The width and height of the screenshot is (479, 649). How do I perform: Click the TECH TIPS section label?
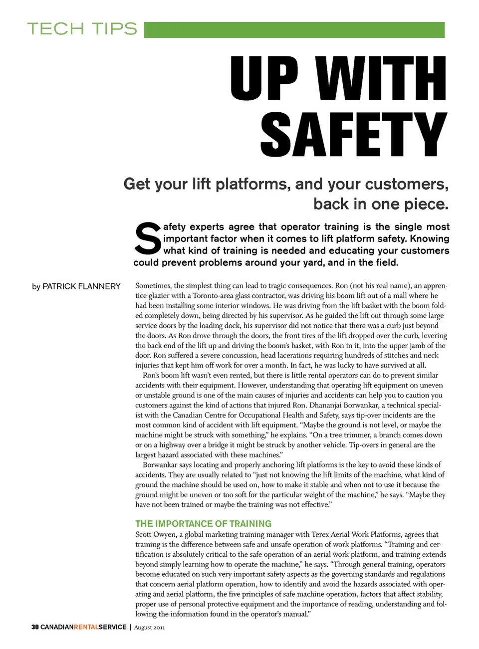[82, 29]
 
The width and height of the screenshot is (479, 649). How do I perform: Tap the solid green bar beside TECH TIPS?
[294, 30]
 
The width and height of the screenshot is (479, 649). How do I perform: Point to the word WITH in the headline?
[382, 78]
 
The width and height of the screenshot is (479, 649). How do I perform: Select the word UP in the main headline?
[264, 78]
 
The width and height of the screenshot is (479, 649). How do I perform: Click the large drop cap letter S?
[147, 238]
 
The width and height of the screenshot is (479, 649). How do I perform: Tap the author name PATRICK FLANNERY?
[81, 286]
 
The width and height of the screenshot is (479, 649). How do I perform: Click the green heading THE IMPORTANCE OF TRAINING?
[204, 524]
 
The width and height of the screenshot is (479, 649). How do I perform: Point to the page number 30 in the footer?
[35, 627]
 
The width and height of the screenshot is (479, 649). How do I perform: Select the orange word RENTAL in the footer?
[86, 627]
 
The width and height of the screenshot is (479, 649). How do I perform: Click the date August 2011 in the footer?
[149, 628]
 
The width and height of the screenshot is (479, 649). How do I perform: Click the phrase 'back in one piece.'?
[381, 204]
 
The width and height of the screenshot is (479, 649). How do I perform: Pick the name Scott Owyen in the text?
[156, 534]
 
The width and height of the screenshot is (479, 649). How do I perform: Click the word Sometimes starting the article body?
[153, 286]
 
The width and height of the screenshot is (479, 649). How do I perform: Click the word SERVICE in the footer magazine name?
[112, 627]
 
